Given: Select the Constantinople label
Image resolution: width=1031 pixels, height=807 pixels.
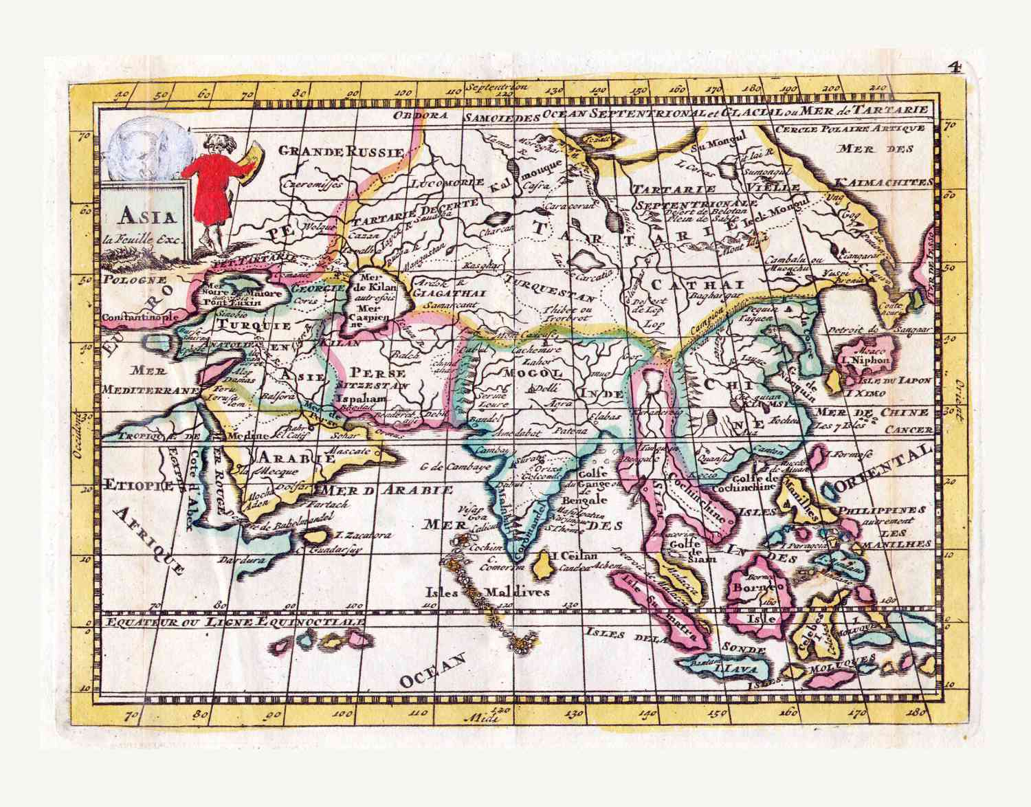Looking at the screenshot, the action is [141, 318].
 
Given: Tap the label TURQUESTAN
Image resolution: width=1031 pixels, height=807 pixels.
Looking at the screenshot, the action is [550, 289].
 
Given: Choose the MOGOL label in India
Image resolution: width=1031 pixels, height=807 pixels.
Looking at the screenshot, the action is [543, 372].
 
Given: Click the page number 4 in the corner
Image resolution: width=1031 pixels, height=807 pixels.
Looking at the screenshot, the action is [953, 67].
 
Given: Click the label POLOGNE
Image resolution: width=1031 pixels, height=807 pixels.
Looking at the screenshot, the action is [135, 280].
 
